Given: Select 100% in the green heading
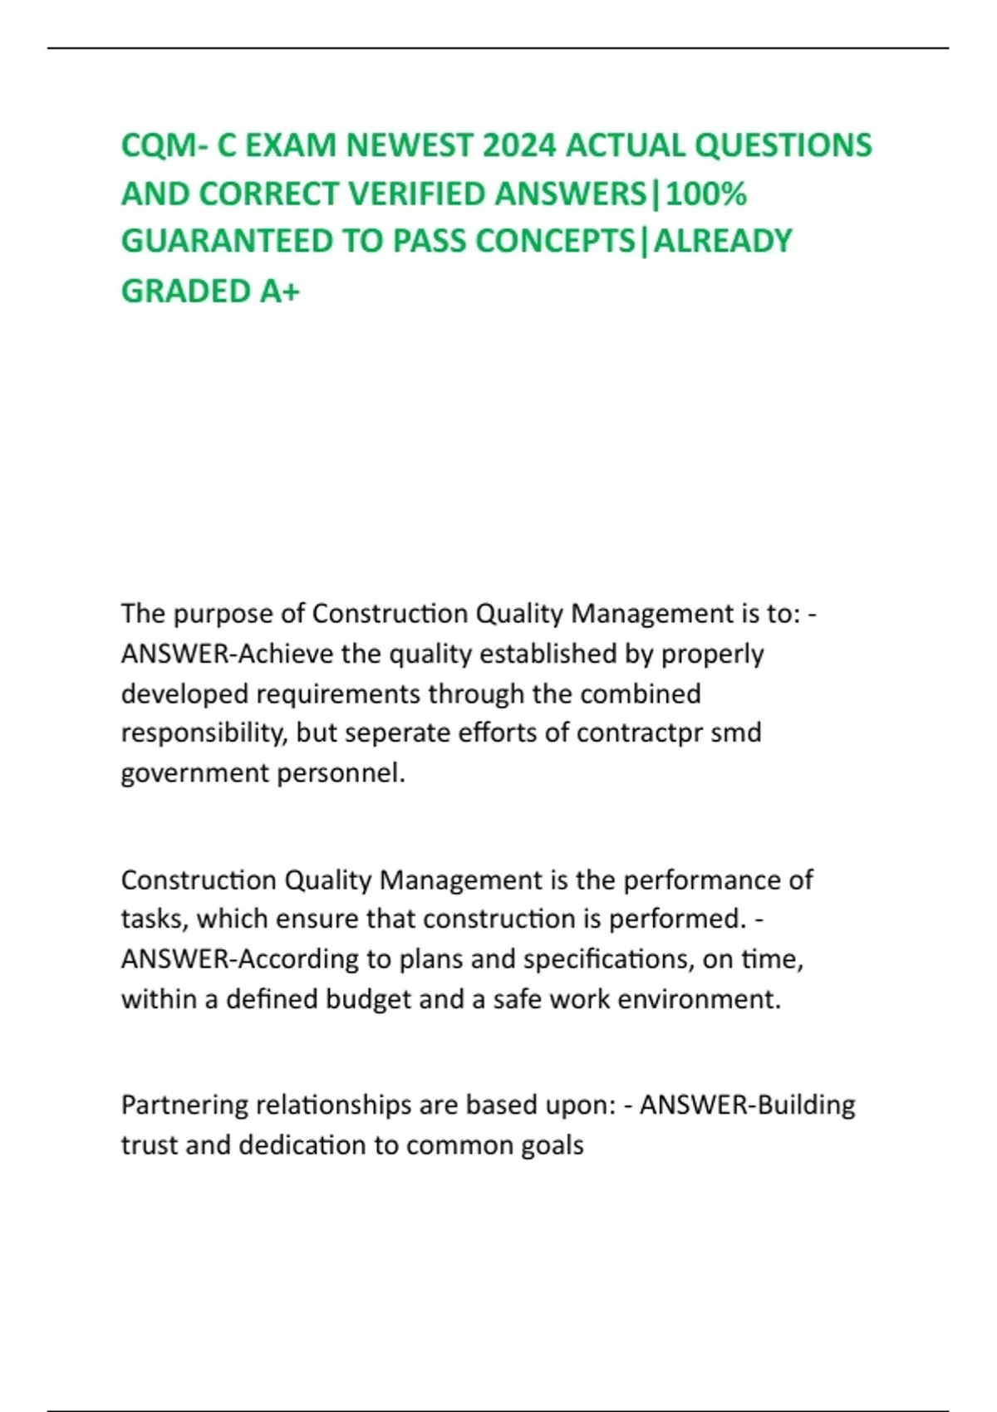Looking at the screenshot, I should point(706,194).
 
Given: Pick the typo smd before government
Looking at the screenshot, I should point(736,733).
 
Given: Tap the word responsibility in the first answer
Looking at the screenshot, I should point(203,733).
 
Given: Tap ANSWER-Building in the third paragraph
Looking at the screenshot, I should point(747,1105).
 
